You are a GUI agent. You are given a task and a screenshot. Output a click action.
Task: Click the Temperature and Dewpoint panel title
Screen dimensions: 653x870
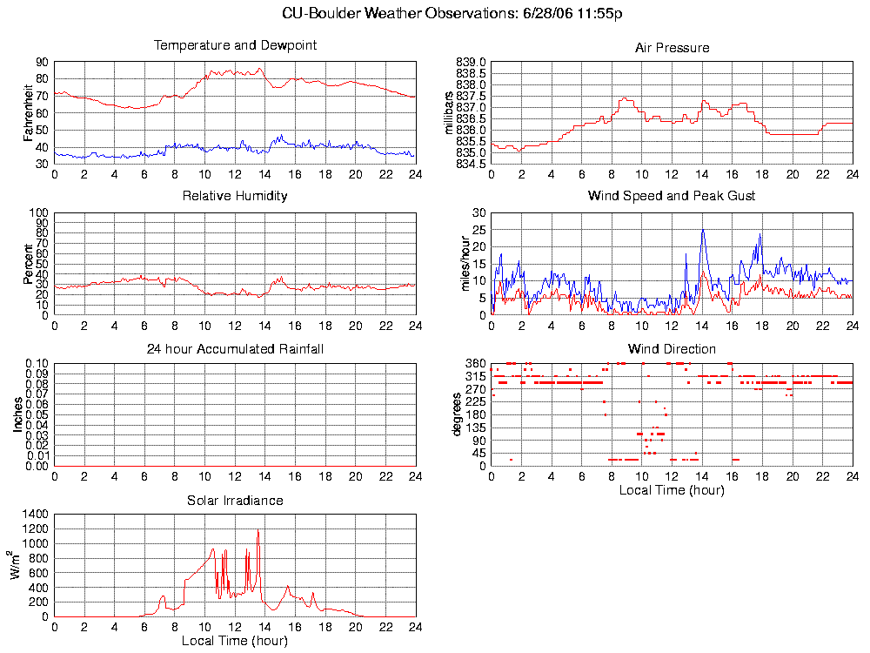coord(235,45)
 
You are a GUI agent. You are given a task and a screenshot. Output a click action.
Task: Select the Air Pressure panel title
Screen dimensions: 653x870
coord(672,48)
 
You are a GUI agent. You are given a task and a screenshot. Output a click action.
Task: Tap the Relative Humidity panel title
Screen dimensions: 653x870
coord(235,196)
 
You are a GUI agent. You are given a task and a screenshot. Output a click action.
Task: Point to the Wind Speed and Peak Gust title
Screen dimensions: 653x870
coord(672,196)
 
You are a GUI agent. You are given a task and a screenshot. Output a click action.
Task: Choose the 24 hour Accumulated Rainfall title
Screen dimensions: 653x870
coord(235,349)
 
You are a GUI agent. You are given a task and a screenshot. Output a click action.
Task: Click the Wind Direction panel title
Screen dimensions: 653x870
coord(672,349)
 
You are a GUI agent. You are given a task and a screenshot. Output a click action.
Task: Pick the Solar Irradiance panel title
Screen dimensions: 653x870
coord(235,501)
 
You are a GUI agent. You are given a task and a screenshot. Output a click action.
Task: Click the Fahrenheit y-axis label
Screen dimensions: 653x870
coord(29,112)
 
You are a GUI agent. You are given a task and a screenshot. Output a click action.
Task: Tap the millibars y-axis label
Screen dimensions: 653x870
coord(450,112)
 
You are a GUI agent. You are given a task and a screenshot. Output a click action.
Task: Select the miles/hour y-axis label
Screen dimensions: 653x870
coord(465,264)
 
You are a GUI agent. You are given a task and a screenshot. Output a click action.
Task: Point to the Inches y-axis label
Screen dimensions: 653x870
coord(18,414)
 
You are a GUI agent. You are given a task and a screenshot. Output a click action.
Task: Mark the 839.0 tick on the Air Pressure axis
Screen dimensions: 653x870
coord(471,63)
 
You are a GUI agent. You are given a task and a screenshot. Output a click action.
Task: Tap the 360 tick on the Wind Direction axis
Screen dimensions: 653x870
coord(476,363)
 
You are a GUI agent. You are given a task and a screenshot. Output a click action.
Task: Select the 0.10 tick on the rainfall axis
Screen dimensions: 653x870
coord(37,363)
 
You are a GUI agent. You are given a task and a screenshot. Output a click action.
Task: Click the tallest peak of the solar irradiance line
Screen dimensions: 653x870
coord(258,530)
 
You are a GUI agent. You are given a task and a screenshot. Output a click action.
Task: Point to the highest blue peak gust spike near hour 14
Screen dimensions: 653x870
coord(702,230)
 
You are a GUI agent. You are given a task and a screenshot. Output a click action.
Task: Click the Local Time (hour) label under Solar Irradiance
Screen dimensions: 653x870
coord(235,642)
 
